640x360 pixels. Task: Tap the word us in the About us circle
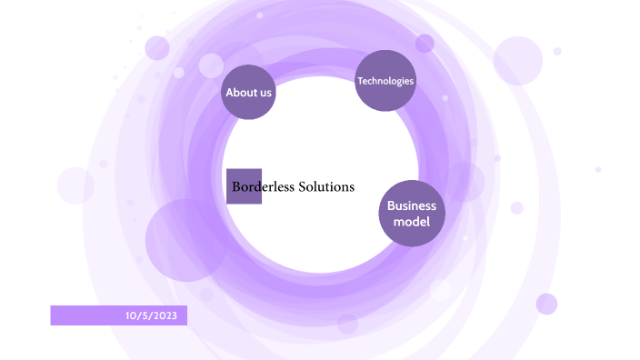265,92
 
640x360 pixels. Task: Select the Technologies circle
385,81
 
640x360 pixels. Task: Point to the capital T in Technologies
360,81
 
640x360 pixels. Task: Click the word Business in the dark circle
412,205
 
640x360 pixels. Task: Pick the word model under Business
412,221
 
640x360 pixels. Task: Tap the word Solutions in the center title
326,186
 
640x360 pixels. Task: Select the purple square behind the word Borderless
244,177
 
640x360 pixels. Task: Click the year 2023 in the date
174,315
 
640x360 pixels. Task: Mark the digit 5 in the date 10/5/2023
146,315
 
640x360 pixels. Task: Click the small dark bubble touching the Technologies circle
425,43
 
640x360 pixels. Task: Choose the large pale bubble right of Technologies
517,61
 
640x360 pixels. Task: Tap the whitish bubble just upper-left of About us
211,65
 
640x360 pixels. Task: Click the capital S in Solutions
303,186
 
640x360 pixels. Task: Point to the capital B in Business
391,205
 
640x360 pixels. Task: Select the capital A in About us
229,92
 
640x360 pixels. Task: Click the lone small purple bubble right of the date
546,304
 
